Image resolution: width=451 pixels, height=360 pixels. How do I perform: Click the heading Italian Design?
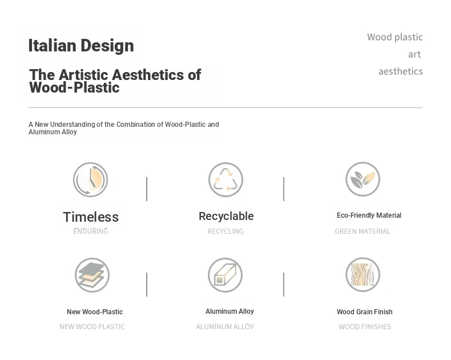coord(81,46)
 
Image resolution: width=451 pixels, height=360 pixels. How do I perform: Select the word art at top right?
coord(414,54)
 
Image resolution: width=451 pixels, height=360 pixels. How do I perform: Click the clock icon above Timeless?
coord(91,179)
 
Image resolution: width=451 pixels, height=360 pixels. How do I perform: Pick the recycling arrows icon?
coord(226,179)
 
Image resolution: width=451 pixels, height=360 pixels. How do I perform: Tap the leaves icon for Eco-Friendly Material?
coord(363,179)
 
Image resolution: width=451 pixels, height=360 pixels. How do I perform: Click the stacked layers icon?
coord(92,275)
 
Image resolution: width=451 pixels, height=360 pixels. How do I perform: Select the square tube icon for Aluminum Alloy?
coord(225,275)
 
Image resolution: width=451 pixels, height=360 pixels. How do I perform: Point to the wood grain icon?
coord(363,274)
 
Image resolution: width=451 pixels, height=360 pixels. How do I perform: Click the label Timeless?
coord(91,217)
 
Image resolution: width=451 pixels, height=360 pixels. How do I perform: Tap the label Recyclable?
coord(227,216)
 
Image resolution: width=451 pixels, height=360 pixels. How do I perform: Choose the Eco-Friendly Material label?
coord(369,215)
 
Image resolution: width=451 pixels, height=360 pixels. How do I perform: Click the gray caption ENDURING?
coord(91,231)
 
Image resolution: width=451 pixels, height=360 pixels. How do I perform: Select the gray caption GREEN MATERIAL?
coord(363,231)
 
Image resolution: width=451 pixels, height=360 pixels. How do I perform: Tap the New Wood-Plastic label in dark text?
coord(95,311)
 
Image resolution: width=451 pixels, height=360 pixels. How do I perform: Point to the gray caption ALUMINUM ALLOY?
coord(225,327)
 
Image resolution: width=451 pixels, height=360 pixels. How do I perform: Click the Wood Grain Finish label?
coord(365,311)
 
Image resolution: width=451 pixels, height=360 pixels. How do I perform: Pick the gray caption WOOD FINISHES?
coord(365,327)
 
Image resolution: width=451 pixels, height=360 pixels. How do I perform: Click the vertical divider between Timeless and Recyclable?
coord(147,189)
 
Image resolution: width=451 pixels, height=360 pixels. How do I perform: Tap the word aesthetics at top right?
coord(401,71)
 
